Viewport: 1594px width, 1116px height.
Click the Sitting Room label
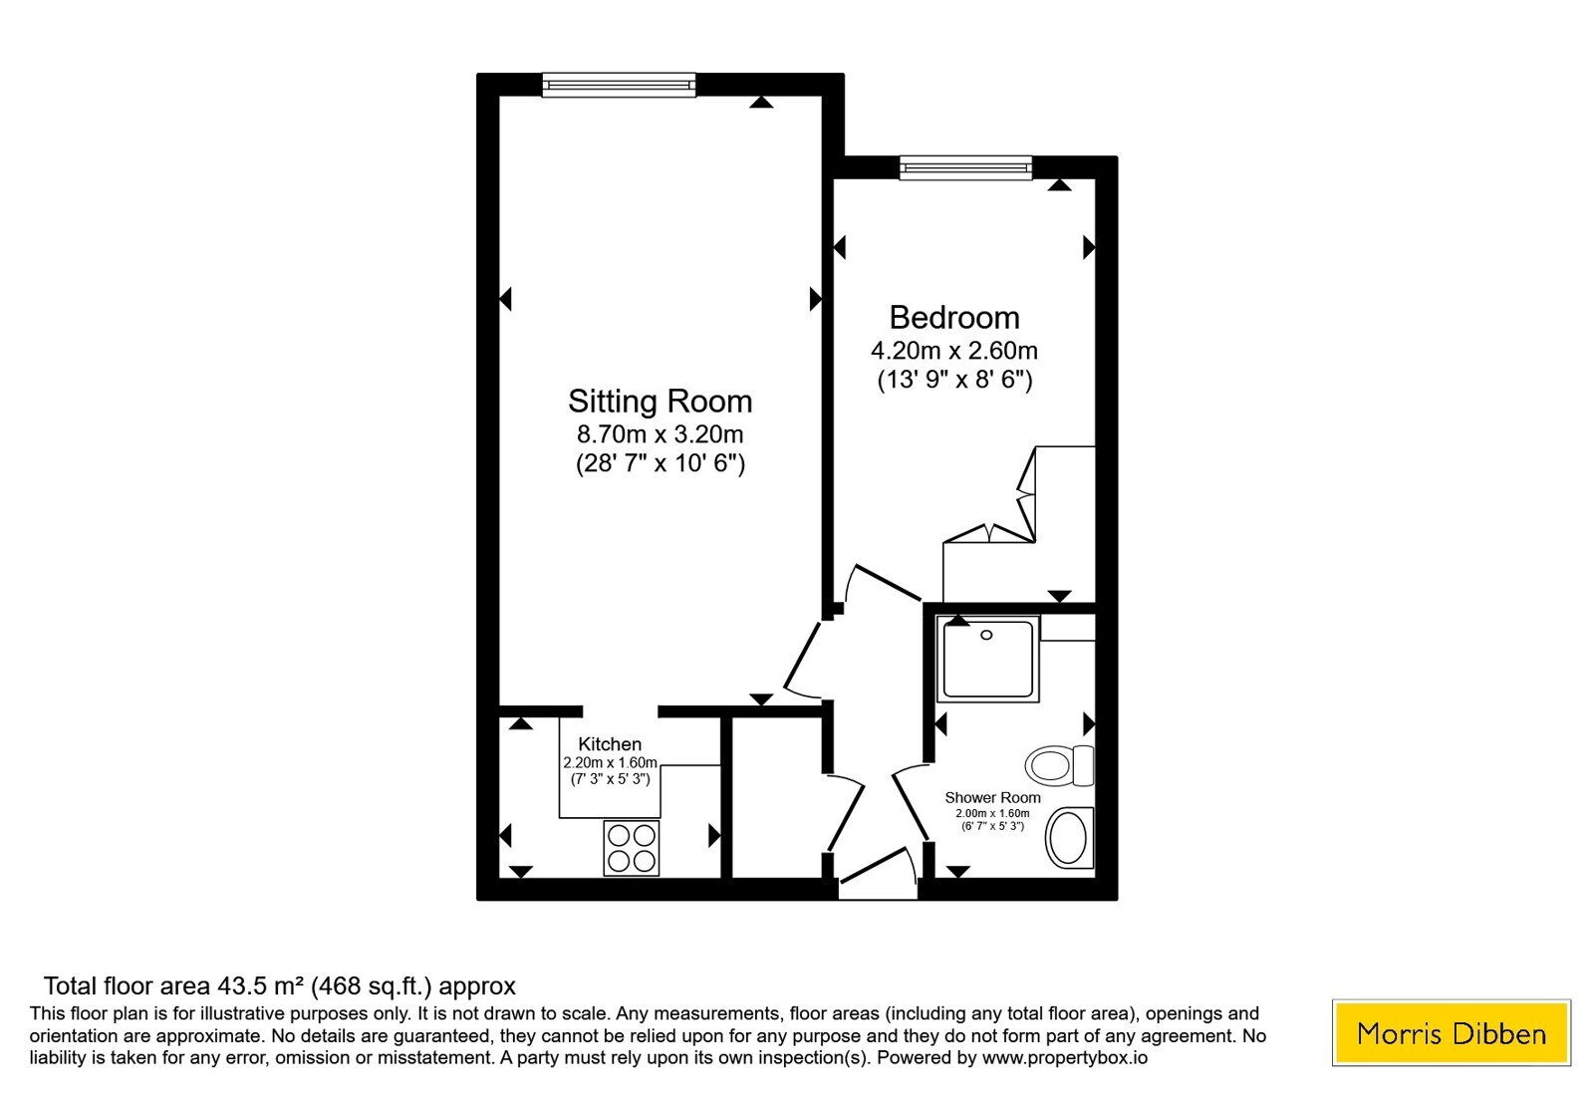click(x=660, y=402)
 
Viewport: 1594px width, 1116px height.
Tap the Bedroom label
click(x=954, y=318)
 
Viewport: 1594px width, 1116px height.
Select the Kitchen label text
click(x=610, y=744)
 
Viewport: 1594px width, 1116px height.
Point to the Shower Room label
click(x=992, y=798)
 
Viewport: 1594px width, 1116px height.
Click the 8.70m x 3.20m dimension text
click(x=660, y=434)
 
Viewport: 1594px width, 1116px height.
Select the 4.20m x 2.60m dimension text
click(x=954, y=351)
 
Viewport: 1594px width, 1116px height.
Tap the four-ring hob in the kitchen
click(x=632, y=848)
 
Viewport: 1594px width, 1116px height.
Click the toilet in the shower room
click(x=1060, y=766)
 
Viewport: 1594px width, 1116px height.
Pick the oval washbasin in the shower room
click(x=1070, y=838)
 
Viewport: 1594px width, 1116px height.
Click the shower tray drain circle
click(x=986, y=635)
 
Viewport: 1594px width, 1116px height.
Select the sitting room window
click(x=619, y=85)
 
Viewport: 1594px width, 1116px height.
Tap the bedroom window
click(x=965, y=168)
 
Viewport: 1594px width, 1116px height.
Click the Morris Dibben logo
click(x=1452, y=1032)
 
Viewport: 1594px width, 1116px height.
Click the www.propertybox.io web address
click(x=1065, y=1057)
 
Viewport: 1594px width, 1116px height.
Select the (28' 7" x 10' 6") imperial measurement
click(x=661, y=464)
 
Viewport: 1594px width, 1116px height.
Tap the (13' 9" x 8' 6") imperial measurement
click(x=955, y=380)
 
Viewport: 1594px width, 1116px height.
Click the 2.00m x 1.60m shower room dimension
click(x=992, y=813)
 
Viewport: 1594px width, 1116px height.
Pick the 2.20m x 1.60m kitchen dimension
click(x=611, y=763)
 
